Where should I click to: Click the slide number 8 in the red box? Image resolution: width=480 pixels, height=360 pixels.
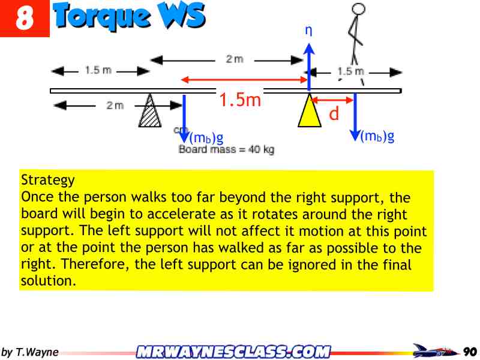coord(24,19)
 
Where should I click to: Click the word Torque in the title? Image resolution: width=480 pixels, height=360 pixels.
coord(101,16)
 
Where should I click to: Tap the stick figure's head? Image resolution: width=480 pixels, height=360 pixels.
coord(358,10)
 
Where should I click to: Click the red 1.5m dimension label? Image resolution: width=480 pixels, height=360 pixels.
coord(240,100)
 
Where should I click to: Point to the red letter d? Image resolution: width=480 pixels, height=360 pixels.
coord(334,113)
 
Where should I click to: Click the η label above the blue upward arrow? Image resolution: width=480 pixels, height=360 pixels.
coord(308,31)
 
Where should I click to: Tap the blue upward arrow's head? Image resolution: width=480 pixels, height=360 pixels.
coord(309,50)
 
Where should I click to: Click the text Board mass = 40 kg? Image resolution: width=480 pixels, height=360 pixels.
coord(226,149)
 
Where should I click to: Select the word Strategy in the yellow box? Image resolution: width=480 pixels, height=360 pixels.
coord(48,180)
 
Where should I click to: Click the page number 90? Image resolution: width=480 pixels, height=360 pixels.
coord(470,351)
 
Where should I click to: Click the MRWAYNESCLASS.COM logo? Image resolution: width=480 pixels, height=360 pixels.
coord(233,351)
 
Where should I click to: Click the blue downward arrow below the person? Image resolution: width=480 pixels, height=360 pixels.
coord(355,117)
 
